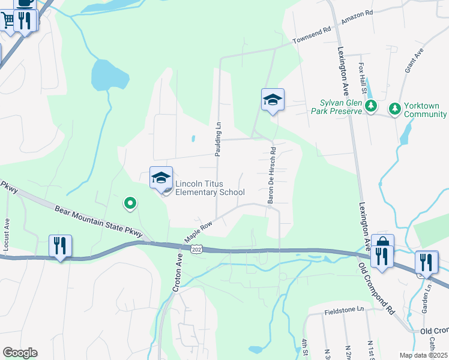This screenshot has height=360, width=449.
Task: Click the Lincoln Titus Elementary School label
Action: click(209, 188)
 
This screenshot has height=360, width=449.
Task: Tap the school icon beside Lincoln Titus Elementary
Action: click(161, 178)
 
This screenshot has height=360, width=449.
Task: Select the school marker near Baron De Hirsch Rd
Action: click(273, 100)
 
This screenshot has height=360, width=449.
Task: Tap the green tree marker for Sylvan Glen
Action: click(372, 107)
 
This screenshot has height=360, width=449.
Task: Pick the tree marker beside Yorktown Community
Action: click(394, 109)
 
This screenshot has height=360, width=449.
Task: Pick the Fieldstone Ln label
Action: click(345, 310)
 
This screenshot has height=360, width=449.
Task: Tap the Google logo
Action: click(20, 353)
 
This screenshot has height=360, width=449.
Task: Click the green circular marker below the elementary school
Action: click(130, 204)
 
